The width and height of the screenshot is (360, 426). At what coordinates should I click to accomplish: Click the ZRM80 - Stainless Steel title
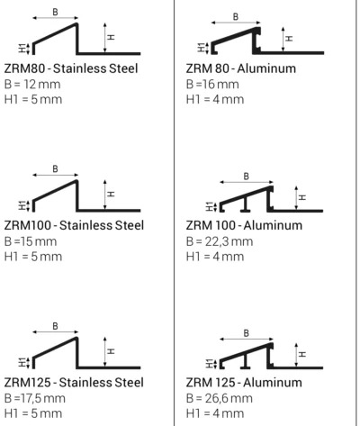tap(71, 68)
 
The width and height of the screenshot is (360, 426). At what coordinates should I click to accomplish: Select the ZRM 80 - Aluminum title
tap(241, 68)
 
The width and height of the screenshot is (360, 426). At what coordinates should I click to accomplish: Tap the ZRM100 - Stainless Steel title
tap(74, 225)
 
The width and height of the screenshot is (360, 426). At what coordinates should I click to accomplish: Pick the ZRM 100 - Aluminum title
tap(244, 225)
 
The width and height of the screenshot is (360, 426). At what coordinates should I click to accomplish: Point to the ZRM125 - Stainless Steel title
tap(74, 383)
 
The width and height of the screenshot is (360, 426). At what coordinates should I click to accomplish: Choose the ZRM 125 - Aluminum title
tap(244, 383)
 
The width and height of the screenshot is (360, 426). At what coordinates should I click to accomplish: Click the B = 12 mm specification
tap(32, 85)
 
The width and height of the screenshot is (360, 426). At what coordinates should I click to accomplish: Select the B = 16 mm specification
tap(212, 85)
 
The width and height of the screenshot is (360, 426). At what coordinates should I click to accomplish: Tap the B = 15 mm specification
tap(31, 241)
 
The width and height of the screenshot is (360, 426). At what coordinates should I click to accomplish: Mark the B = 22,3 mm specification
tap(220, 241)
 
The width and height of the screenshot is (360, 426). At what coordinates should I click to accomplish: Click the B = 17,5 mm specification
tap(35, 398)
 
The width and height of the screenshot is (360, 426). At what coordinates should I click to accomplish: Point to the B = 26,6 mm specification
tap(220, 398)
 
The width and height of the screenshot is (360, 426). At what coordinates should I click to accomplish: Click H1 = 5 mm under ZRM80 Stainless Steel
tap(33, 99)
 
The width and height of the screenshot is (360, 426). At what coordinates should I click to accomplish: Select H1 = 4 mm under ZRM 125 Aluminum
tap(215, 413)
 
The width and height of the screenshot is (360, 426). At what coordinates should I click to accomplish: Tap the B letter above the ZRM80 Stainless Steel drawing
tap(55, 12)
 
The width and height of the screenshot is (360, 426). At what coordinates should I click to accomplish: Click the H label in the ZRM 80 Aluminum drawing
tap(289, 39)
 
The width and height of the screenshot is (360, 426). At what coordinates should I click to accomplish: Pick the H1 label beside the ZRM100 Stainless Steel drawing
tap(22, 205)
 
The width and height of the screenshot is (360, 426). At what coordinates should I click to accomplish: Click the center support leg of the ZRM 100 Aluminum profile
tap(246, 204)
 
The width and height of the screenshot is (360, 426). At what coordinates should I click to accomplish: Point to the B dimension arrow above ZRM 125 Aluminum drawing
tap(247, 340)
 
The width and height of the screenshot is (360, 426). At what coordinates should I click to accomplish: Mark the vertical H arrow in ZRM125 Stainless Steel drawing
tap(104, 352)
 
